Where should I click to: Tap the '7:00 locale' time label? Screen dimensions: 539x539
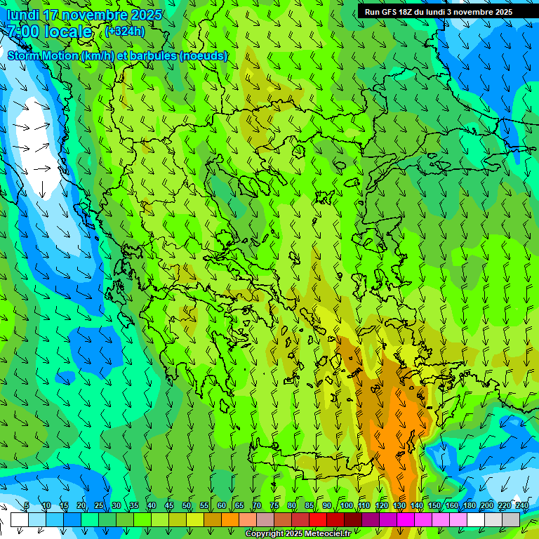pyautogui.click(x=50, y=32)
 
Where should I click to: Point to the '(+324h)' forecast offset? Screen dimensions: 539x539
pyautogui.click(x=125, y=32)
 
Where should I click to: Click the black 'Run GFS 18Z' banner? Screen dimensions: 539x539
pyautogui.click(x=439, y=12)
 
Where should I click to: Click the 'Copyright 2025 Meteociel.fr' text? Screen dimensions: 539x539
pyautogui.click(x=298, y=534)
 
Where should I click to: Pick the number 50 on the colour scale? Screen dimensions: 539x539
pyautogui.click(x=187, y=506)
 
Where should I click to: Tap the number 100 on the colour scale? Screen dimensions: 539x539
pyautogui.click(x=347, y=506)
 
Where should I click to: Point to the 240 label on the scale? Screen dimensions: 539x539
pyautogui.click(x=522, y=506)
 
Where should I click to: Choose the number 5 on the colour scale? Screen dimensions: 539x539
pyautogui.click(x=27, y=506)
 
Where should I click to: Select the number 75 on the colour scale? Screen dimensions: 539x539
pyautogui.click(x=274, y=506)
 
